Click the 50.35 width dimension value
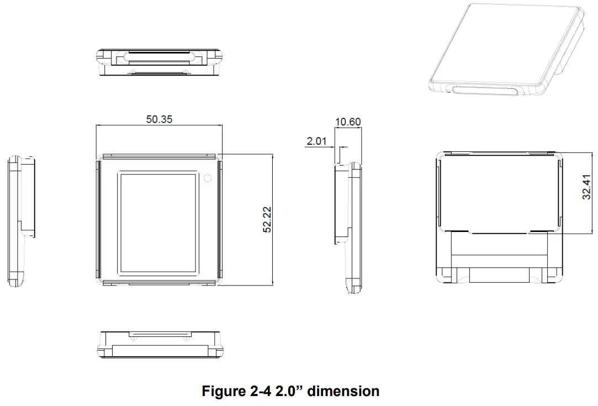159,119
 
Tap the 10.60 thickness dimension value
348,122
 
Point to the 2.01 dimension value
316,141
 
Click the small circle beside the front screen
208,178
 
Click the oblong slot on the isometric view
486,91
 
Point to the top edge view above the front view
160,61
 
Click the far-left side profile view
21,221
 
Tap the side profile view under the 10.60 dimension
348,226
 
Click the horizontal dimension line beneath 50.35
159,126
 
